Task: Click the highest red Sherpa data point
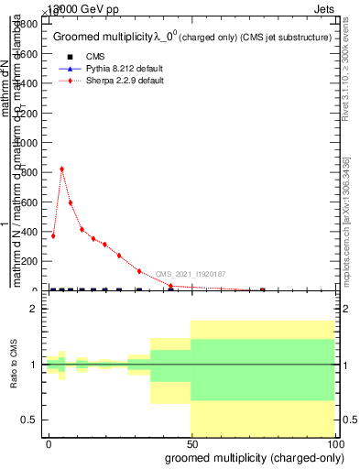tap(61, 169)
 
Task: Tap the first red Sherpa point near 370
tap(53, 235)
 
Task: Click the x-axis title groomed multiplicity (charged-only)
tap(250, 457)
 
